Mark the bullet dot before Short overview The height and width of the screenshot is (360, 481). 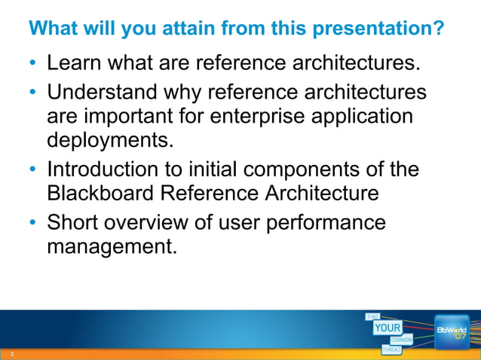(33, 224)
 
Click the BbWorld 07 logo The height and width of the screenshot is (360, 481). (452, 332)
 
